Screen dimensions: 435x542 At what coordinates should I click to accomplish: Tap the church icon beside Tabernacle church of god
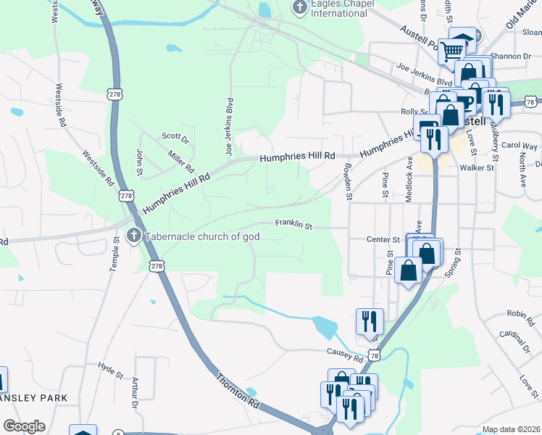pos(133,236)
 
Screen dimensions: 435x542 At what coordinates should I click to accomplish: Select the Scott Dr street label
pos(175,136)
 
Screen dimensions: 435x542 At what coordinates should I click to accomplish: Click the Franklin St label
pos(293,225)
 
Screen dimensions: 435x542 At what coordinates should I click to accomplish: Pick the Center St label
pos(383,239)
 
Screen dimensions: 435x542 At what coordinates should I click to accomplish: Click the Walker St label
pos(477,167)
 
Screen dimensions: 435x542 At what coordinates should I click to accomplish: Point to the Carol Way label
pos(520,146)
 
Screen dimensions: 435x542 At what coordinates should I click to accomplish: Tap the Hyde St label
pos(111,371)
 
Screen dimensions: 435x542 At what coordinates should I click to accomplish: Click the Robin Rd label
pos(516,313)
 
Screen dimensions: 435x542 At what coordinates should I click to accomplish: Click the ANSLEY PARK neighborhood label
pos(33,398)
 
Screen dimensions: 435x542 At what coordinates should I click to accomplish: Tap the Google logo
pos(24,426)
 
